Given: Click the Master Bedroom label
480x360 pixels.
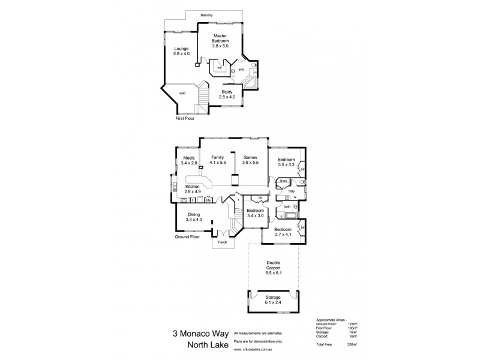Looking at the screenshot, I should tap(222, 40).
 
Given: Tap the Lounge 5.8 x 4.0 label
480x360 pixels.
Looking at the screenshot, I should tap(182, 51).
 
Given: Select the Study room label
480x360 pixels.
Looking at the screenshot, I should tap(226, 95).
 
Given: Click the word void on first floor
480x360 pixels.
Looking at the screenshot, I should tap(182, 93).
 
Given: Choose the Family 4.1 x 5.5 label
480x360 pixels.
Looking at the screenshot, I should tap(217, 160).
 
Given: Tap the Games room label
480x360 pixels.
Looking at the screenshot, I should tap(250, 160).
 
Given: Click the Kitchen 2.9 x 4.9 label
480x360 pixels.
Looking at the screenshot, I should tap(193, 190).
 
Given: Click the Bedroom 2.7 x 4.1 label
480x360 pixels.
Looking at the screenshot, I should tap(283, 232).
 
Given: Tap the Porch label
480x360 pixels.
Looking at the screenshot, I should tap(223, 244).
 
